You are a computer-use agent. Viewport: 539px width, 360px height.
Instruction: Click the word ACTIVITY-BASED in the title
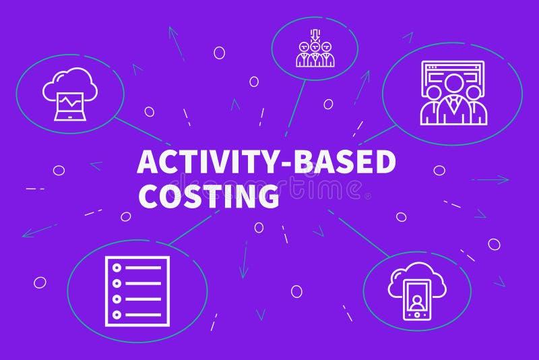(266, 163)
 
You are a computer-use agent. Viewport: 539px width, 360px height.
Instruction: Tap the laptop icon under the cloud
(69, 106)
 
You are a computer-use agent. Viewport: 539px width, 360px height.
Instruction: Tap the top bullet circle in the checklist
(116, 268)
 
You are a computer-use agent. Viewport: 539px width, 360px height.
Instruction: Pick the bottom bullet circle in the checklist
(116, 314)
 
